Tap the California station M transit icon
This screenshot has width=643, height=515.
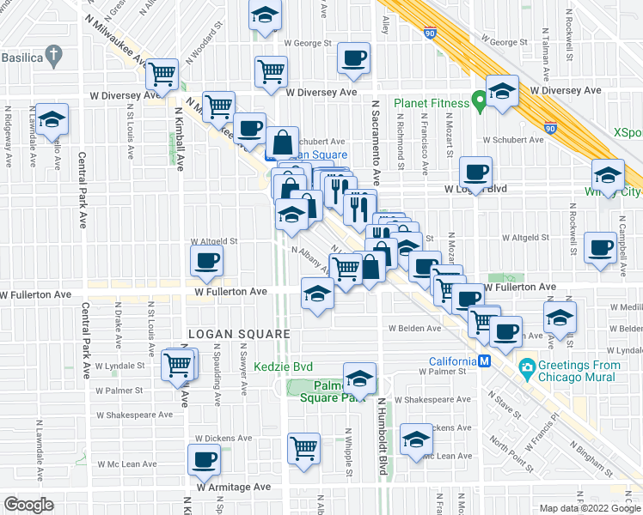tap(484, 360)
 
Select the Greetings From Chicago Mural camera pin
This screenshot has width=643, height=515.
tap(527, 369)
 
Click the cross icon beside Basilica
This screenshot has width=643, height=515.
tap(53, 58)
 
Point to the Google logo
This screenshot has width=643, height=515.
tap(28, 504)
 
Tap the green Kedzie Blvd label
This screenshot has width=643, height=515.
tap(283, 367)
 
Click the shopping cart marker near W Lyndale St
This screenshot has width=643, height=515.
tap(178, 363)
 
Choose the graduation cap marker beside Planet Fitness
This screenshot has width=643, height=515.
tap(502, 90)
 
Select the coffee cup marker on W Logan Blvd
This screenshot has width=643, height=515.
tap(475, 170)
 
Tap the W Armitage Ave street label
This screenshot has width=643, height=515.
tap(234, 487)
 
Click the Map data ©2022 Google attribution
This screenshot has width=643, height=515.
tap(590, 508)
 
